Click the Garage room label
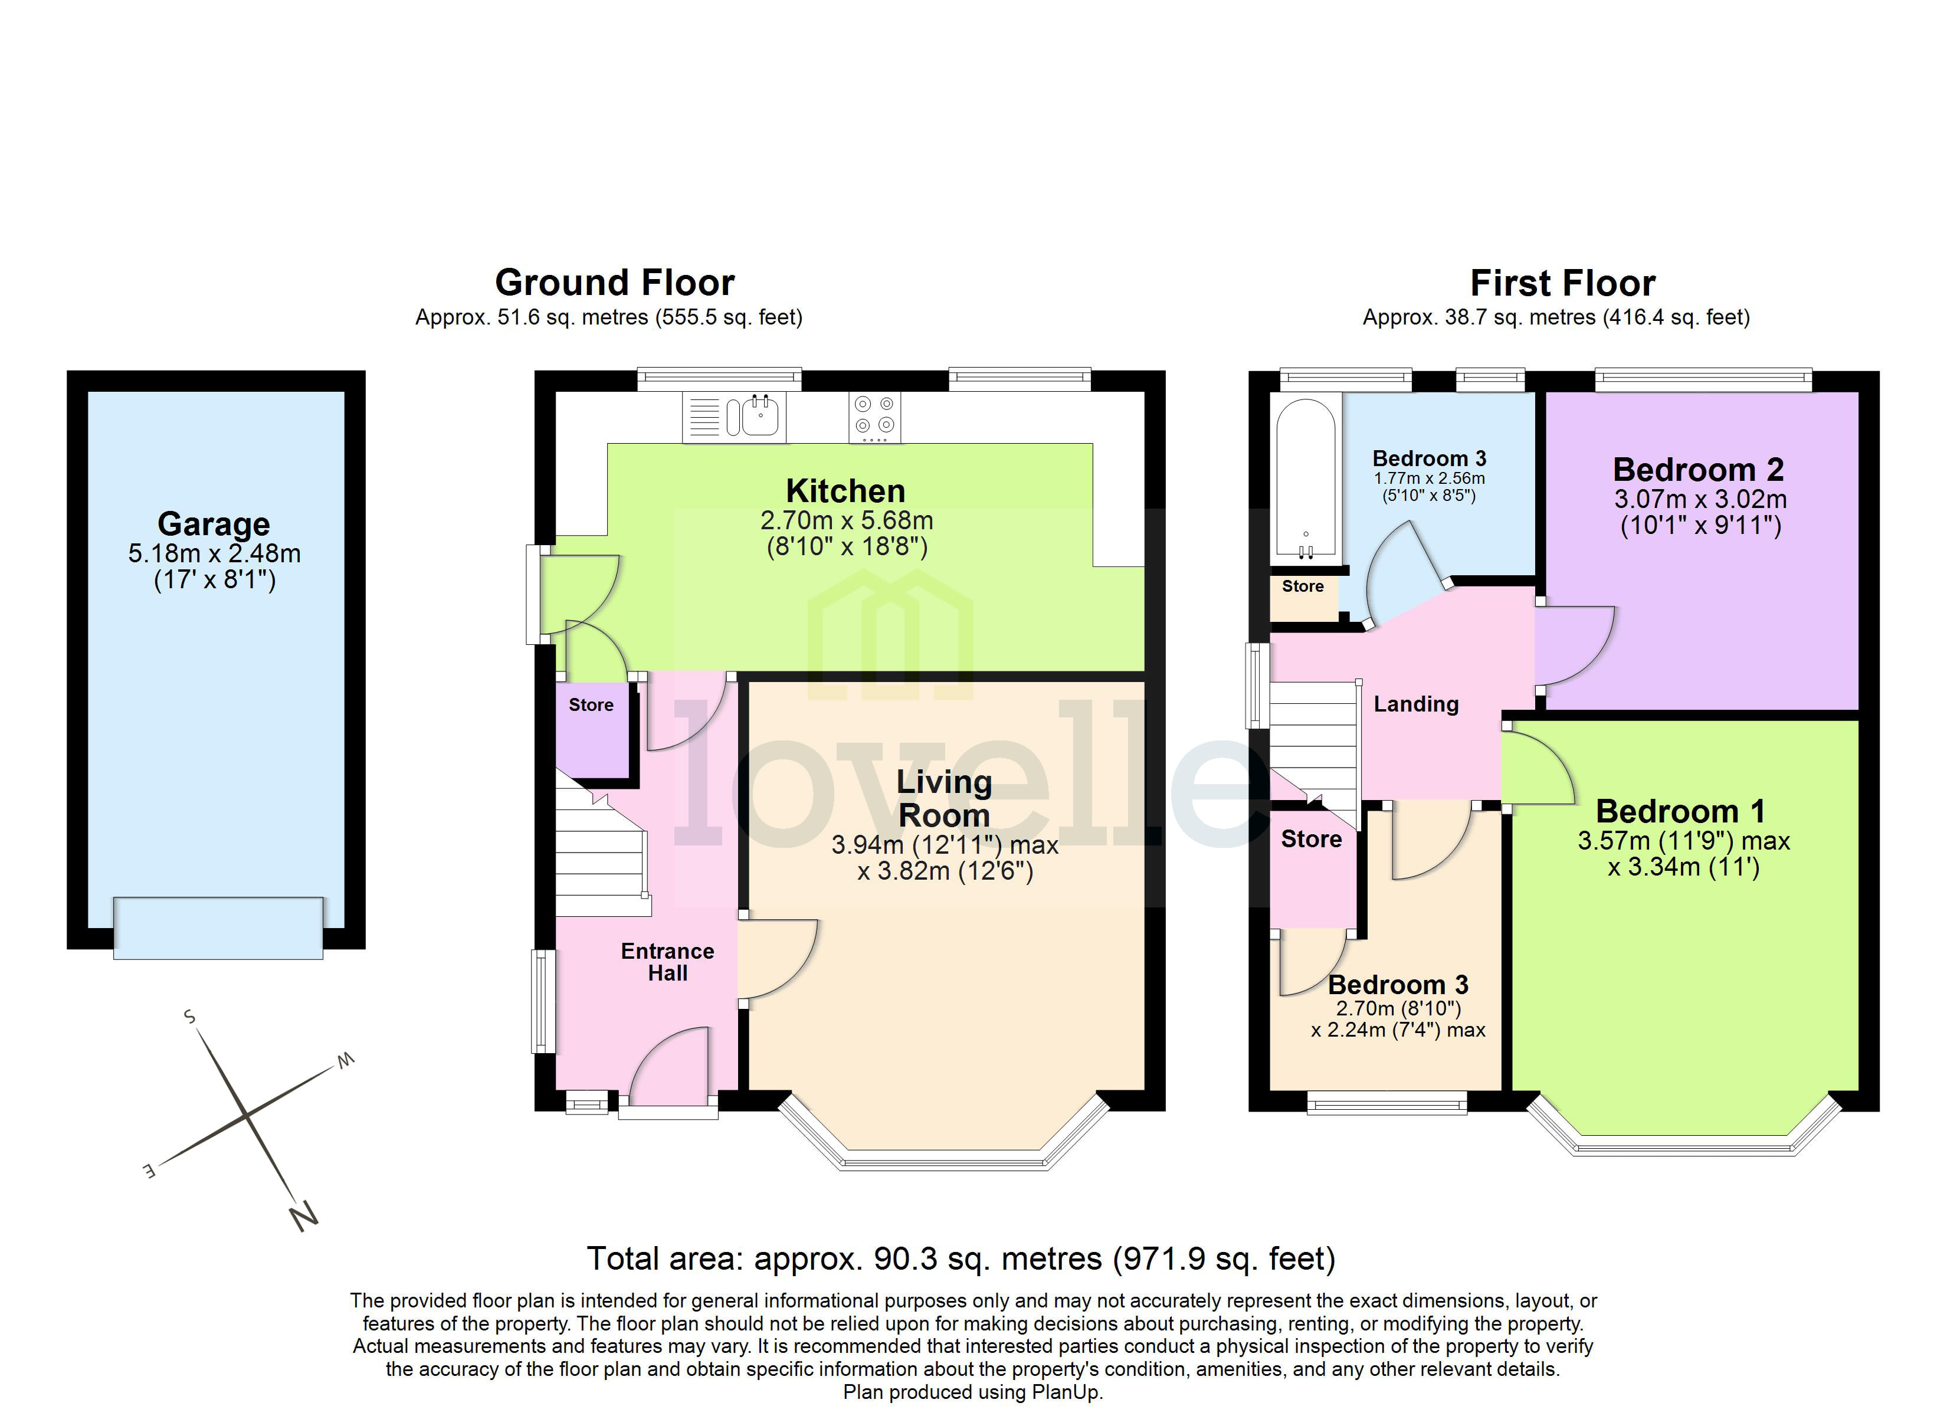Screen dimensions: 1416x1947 (214, 524)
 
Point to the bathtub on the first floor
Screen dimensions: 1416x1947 (1306, 477)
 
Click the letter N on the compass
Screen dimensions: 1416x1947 (303, 1217)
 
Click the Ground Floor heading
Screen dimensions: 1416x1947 (615, 283)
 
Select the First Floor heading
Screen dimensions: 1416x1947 (1562, 283)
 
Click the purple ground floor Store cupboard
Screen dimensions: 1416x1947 (592, 730)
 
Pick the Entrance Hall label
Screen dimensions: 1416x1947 (667, 962)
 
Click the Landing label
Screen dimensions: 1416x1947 (1415, 704)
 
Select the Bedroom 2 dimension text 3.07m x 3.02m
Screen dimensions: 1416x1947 (1700, 499)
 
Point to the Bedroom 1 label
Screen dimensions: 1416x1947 (1680, 811)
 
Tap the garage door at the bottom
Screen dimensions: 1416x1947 (218, 928)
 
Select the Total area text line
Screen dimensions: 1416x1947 (961, 1259)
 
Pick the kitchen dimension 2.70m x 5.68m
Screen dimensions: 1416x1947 (845, 520)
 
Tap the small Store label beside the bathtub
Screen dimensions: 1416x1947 (1302, 586)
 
